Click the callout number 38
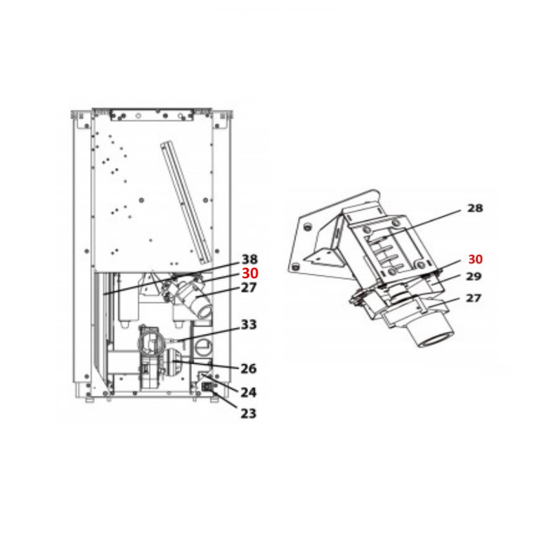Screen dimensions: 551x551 coord(249,260)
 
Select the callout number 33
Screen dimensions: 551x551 coord(249,324)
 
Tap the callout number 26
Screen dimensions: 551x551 coord(249,368)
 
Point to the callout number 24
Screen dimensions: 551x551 coord(249,393)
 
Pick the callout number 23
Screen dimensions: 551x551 coord(249,413)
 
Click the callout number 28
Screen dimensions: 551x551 coord(475,208)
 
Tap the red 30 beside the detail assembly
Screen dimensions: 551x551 coord(475,260)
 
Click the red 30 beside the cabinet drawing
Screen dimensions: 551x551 coord(249,273)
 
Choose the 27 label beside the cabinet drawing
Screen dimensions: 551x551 coord(249,288)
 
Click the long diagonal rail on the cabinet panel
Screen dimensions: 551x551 coord(186,202)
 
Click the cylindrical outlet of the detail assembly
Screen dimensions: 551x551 coord(430,336)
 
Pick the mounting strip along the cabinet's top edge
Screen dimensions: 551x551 coord(151,111)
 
